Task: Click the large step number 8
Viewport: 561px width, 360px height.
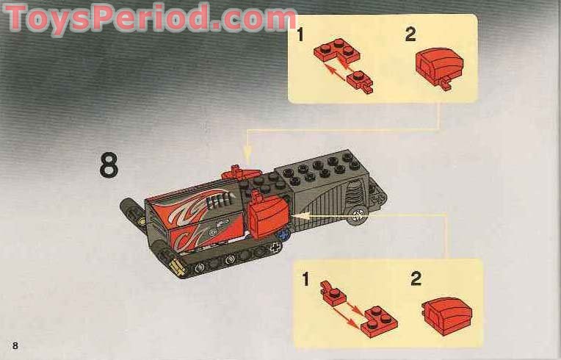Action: (x=109, y=165)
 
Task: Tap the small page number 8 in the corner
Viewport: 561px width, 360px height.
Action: (x=15, y=345)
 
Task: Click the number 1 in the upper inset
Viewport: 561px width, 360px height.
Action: (x=300, y=35)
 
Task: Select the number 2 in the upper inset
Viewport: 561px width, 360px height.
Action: (x=410, y=34)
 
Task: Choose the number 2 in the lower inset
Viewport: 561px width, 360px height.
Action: (x=416, y=279)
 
